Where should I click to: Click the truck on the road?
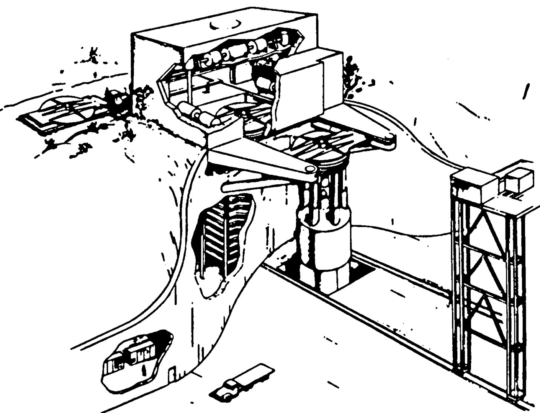click(x=242, y=380)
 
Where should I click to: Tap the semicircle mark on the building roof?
click(x=226, y=25)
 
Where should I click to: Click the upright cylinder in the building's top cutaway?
click(x=285, y=38)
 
